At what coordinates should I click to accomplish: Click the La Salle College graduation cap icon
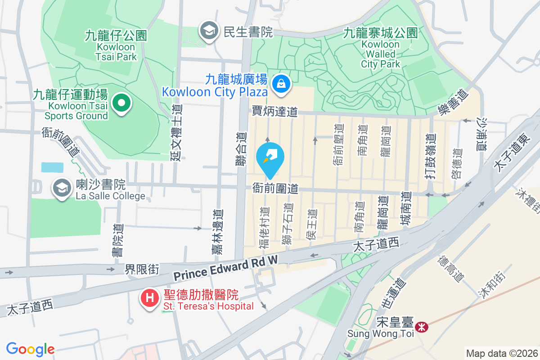(x=62, y=188)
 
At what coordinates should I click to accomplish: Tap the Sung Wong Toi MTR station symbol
(x=422, y=327)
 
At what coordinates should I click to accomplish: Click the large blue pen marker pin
(x=270, y=158)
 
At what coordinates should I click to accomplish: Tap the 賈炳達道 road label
(x=275, y=111)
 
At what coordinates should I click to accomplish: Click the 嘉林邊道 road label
(x=217, y=232)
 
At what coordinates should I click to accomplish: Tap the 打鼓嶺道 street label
(x=431, y=156)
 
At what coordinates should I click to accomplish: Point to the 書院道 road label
(x=117, y=241)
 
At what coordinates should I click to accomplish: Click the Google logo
(x=31, y=349)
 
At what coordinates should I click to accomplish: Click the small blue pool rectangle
(x=52, y=167)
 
